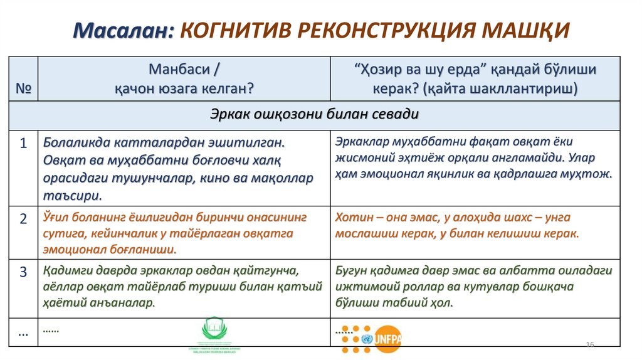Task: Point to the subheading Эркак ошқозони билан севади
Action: point(315,115)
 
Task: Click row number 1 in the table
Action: point(23,144)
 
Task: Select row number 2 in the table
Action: point(23,219)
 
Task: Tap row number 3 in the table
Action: point(23,272)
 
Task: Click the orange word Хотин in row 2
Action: point(353,218)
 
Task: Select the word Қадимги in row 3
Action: point(67,271)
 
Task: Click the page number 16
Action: point(589,345)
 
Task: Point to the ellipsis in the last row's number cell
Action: point(23,333)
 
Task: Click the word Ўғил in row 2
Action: point(58,217)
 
